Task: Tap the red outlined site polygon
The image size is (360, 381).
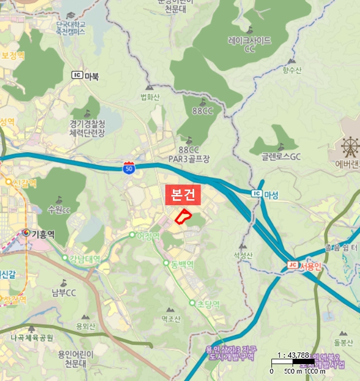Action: point(183,216)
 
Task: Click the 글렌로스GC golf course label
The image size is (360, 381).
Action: point(281,157)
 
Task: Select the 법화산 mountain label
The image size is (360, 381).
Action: point(150,97)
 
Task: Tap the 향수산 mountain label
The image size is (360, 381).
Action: point(291,69)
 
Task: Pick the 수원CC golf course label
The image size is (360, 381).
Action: point(59,210)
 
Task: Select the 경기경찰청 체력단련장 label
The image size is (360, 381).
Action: point(87,128)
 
